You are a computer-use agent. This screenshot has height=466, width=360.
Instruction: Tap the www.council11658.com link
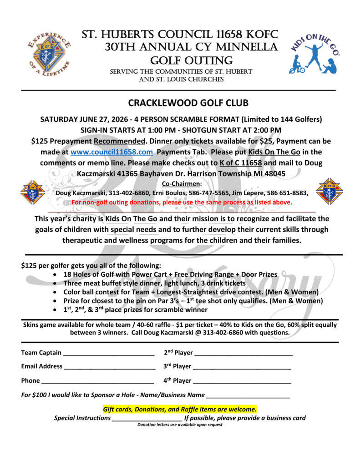pyautogui.click(x=112, y=151)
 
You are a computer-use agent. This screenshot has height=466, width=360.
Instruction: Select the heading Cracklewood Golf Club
pyautogui.click(x=182, y=103)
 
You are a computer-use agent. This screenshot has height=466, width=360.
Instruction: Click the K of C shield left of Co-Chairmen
pyautogui.click(x=32, y=192)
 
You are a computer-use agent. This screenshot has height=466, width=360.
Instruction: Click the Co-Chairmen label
pyautogui.click(x=182, y=183)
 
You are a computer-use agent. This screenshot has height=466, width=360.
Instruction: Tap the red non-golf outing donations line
pyautogui.click(x=182, y=202)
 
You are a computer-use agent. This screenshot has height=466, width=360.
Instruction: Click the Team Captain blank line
pyautogui.click(x=109, y=354)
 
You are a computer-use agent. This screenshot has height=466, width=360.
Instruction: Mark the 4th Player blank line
pyautogui.click(x=242, y=381)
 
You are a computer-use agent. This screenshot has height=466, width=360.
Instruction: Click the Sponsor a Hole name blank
pyautogui.click(x=248, y=396)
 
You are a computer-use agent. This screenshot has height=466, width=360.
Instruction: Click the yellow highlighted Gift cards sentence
pyautogui.click(x=180, y=409)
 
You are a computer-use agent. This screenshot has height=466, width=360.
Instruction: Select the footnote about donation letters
pyautogui.click(x=180, y=425)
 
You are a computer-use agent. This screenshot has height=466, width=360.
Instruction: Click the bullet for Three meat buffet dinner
pyautogui.click(x=55, y=283)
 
